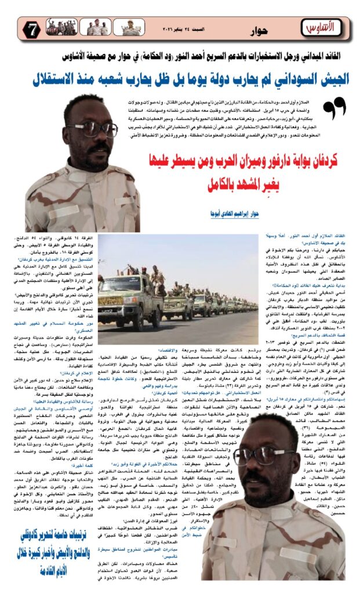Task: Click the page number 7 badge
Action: pyautogui.click(x=33, y=28)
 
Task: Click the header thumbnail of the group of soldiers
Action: pyautogui.click(x=61, y=27)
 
